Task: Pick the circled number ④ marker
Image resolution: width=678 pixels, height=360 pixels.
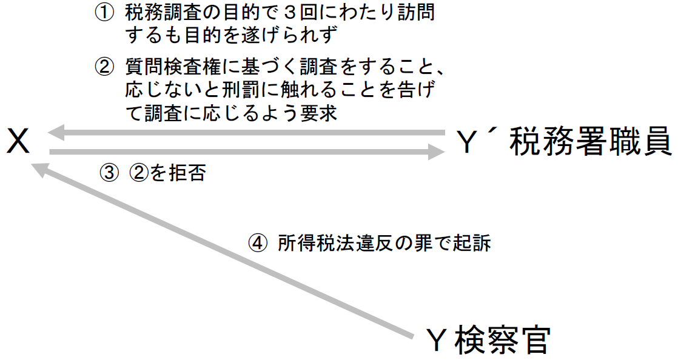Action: (x=258, y=244)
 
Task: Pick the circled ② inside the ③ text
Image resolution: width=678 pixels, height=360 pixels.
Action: (x=138, y=173)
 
